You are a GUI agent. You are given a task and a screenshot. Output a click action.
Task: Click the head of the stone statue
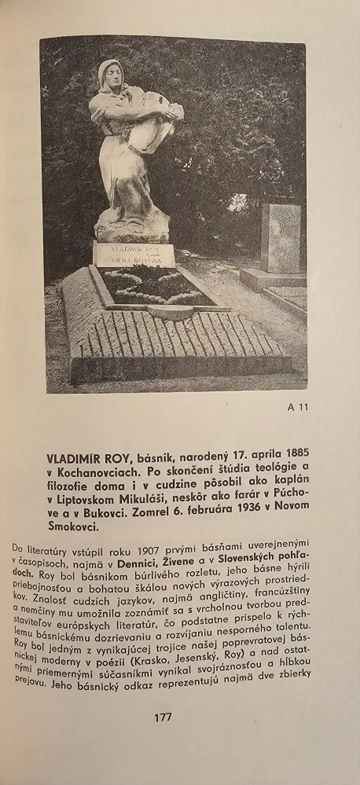tap(112, 76)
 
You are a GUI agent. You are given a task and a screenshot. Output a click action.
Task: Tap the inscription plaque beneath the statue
tap(134, 255)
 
